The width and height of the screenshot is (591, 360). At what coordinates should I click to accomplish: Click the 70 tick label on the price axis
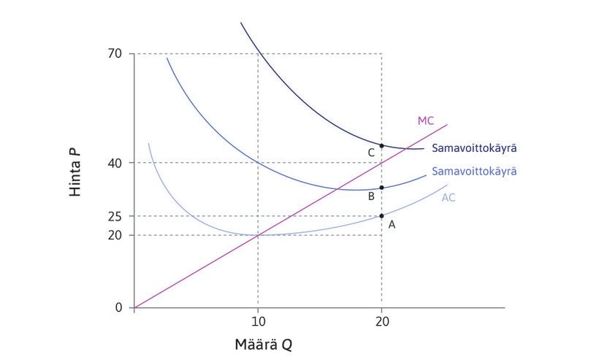tap(115, 54)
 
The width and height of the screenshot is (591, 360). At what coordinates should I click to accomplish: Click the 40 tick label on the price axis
tap(115, 163)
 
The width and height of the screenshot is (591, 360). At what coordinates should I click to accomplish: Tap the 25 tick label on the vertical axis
tap(115, 217)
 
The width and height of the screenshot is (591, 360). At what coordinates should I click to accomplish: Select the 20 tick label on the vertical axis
tap(115, 235)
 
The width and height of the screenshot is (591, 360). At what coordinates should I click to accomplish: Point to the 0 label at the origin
tap(118, 307)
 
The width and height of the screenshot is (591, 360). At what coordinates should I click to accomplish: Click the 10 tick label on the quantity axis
tap(257, 323)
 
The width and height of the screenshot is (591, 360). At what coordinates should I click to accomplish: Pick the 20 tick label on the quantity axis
tap(381, 323)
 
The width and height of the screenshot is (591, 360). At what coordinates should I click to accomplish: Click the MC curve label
tap(426, 120)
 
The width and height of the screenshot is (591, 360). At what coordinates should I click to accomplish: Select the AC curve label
tap(449, 198)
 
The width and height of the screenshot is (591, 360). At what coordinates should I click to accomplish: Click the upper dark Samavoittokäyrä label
tap(474, 148)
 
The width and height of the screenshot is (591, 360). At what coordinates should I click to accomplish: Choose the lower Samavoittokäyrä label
tap(474, 172)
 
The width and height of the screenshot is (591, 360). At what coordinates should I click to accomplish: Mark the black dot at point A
tap(381, 216)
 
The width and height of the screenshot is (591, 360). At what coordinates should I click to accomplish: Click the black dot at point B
tap(381, 188)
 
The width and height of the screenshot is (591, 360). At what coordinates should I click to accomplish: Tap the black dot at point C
tap(381, 146)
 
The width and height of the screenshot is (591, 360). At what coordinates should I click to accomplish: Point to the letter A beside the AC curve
tap(392, 225)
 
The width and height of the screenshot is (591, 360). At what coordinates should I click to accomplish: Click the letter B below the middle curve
tap(371, 196)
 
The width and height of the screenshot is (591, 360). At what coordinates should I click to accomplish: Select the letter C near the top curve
tap(371, 153)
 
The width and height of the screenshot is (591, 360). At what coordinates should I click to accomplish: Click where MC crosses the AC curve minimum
tap(258, 235)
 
